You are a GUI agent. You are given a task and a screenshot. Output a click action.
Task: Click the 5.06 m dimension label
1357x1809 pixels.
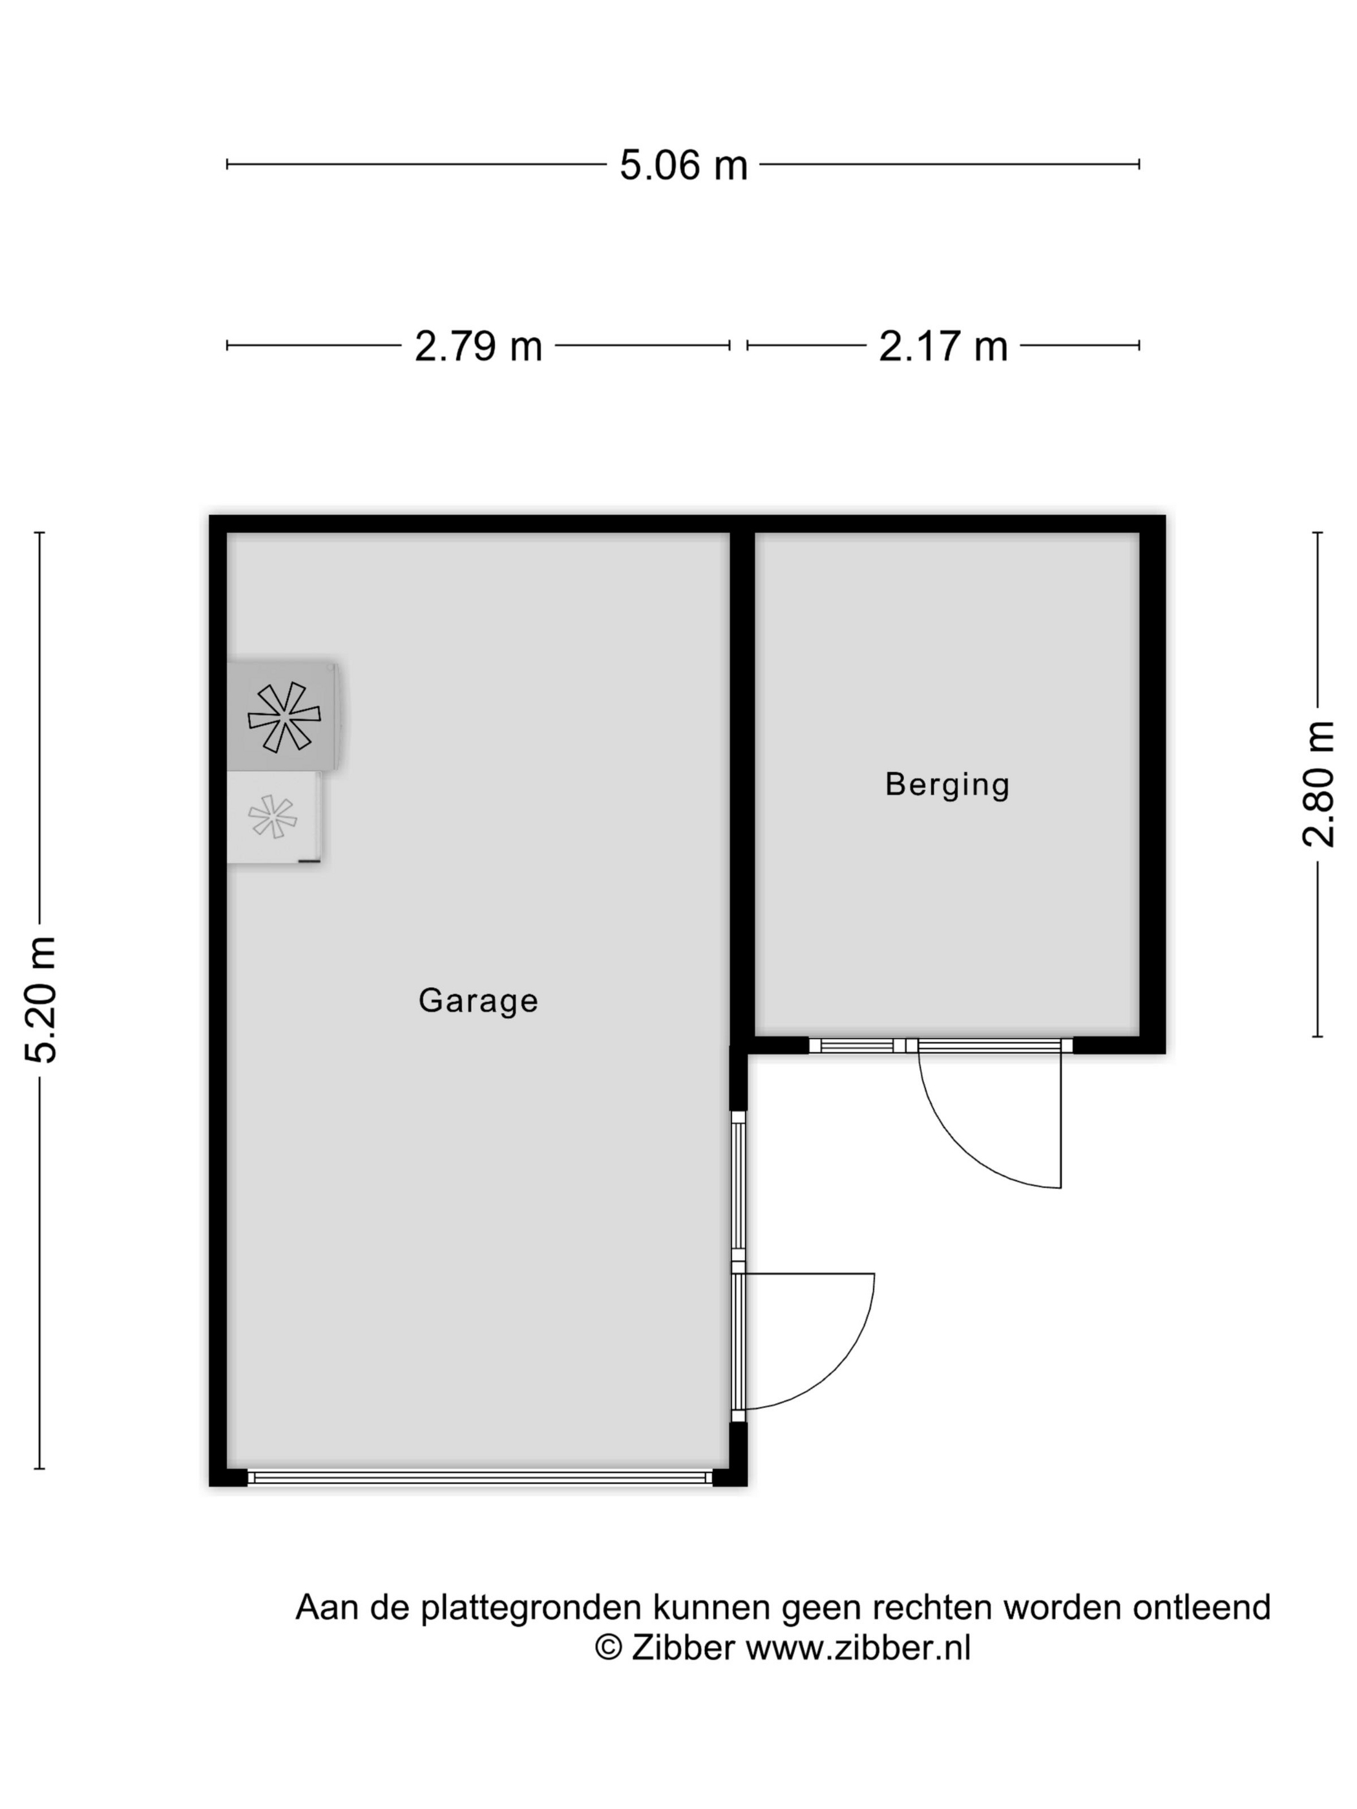point(683,164)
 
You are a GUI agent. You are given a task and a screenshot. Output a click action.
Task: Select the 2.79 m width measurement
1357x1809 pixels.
point(479,346)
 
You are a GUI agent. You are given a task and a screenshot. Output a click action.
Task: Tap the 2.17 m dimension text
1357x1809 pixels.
point(943,346)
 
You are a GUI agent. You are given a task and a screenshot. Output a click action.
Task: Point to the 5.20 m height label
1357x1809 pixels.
point(41,999)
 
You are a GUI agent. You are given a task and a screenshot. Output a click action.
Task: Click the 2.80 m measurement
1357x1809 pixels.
point(1319,784)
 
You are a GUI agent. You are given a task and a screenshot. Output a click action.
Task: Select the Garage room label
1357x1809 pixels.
point(479,1001)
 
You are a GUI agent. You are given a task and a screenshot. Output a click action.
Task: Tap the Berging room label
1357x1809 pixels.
point(947,784)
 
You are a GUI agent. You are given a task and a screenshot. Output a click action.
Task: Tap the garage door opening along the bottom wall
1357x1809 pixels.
point(480,1477)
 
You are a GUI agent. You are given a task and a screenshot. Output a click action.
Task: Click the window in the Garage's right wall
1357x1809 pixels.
point(739,1186)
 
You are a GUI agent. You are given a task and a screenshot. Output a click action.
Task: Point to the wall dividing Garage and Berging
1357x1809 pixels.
point(742,785)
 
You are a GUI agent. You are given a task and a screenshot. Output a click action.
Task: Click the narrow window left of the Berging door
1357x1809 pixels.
point(857,1045)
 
